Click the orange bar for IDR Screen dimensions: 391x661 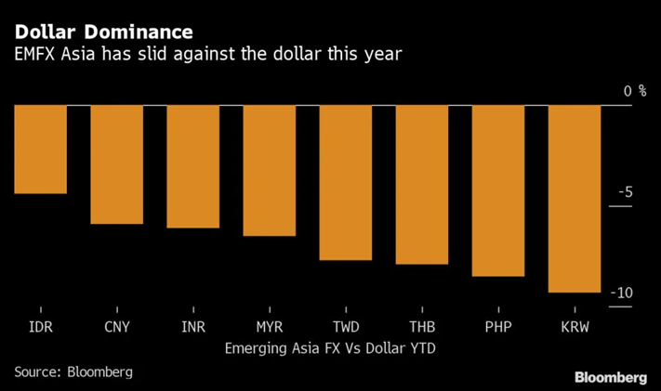click(40, 149)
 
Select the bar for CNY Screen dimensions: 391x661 click(116, 163)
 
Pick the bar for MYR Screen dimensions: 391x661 click(269, 170)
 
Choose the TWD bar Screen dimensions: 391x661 click(345, 182)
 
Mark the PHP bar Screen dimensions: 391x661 click(497, 190)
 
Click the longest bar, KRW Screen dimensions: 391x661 click(574, 198)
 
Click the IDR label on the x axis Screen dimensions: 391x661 click(40, 328)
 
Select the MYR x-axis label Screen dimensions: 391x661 click(269, 328)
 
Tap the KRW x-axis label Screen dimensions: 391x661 click(574, 328)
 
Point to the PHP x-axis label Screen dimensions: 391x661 click(497, 328)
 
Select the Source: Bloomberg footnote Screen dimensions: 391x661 click(73, 371)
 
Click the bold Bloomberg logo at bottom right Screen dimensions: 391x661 click(611, 377)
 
